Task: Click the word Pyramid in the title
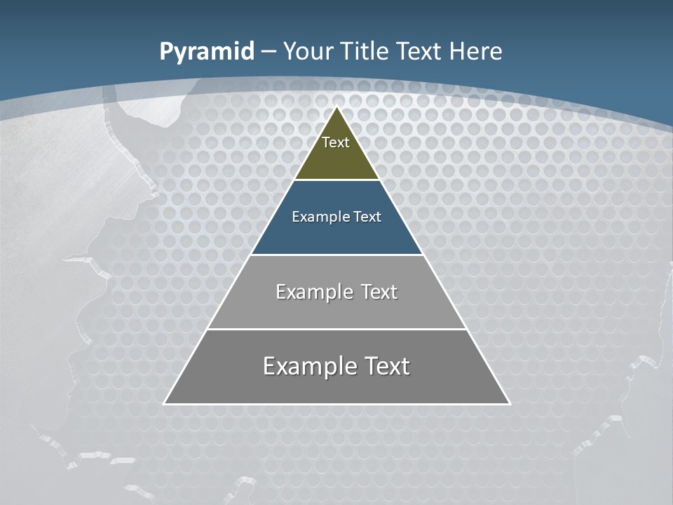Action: pos(207,52)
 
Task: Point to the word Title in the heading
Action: pos(363,52)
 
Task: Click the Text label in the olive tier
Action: pos(336,142)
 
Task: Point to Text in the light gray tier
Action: pos(379,292)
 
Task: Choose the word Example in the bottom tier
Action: pos(308,366)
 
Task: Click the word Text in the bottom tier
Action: pos(385,366)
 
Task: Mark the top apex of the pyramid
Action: pos(337,107)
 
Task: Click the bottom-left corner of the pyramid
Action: pos(165,403)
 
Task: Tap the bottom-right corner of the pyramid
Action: pos(509,403)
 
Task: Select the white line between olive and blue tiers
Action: pos(337,180)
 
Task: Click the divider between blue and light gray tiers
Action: pos(337,255)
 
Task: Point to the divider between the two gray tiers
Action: pos(337,329)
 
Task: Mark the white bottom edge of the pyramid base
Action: pos(337,404)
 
